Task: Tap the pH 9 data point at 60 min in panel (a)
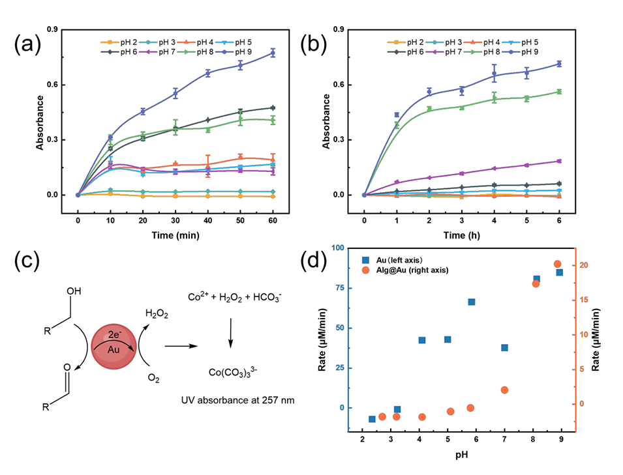(273, 53)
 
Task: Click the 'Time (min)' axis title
(175, 236)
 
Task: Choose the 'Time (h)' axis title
(461, 236)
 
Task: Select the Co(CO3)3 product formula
(234, 372)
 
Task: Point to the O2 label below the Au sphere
(155, 376)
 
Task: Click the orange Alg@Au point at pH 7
(504, 390)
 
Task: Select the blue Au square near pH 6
(471, 302)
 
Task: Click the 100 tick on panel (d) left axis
(339, 248)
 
